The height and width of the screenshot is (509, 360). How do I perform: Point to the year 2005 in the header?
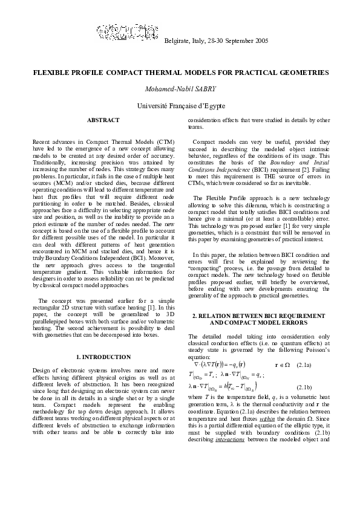click(260, 41)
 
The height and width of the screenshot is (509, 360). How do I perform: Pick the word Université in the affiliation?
click(152, 106)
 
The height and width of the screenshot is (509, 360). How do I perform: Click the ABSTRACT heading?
click(103, 121)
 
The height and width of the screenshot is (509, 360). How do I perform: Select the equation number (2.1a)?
click(318, 365)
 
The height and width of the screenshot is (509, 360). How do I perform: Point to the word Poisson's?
click(318, 351)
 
